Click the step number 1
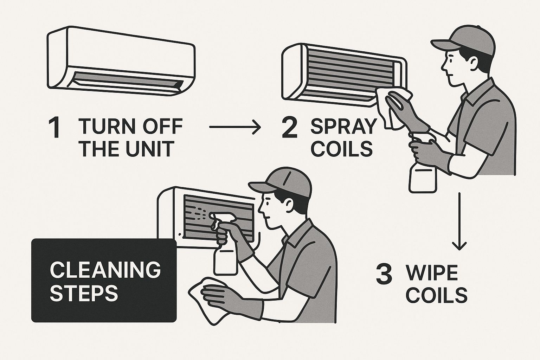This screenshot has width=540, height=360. tap(54, 128)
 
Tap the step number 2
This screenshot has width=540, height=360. tap(290, 128)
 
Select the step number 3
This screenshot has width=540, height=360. tap(384, 275)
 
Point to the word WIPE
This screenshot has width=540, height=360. tap(432, 273)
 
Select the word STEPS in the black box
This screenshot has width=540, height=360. tap(84, 293)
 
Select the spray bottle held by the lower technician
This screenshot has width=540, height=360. tap(224, 253)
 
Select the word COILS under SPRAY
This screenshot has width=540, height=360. tap(342, 148)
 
